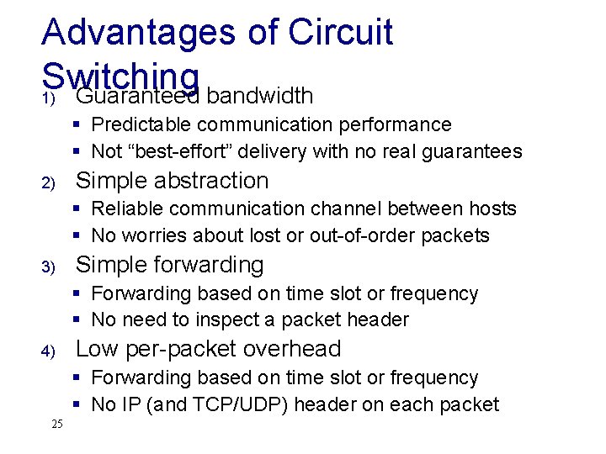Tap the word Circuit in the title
341,33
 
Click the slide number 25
56,424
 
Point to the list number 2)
49,182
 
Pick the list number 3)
49,267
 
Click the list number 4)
49,351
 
